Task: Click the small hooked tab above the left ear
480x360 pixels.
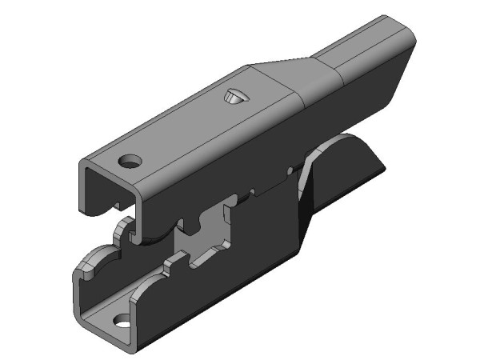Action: click(121, 232)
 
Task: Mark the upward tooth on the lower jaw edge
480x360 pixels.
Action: click(172, 260)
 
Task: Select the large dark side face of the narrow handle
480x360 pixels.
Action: click(376, 88)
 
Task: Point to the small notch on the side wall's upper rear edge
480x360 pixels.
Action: click(286, 171)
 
